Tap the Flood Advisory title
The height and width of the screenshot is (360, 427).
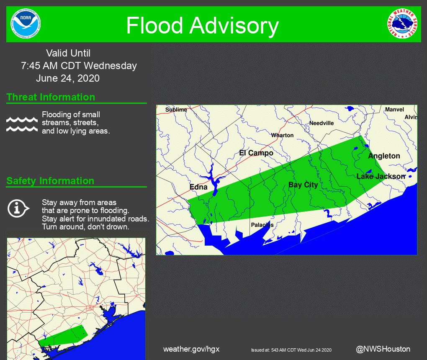(x=202, y=26)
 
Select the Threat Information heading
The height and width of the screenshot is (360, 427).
(x=51, y=97)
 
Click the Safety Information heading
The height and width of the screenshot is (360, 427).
(x=50, y=181)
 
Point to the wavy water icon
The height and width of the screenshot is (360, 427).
(x=22, y=124)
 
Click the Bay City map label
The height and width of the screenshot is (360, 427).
(x=303, y=185)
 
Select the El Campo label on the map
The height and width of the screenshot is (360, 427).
(x=256, y=153)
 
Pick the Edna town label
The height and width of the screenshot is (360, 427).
(x=198, y=187)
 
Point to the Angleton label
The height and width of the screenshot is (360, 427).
(x=384, y=156)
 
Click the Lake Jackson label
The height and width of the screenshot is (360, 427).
(x=381, y=176)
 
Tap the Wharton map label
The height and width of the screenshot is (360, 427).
(x=282, y=135)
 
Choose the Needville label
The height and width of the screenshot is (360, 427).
(x=322, y=123)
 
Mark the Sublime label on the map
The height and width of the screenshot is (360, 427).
(x=176, y=110)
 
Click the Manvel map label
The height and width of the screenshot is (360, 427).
(x=394, y=110)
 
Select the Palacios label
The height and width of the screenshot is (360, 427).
(x=262, y=225)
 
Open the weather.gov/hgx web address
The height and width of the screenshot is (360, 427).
(x=191, y=349)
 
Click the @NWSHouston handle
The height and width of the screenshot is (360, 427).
(x=383, y=349)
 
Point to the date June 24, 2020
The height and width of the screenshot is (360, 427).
(x=68, y=78)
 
